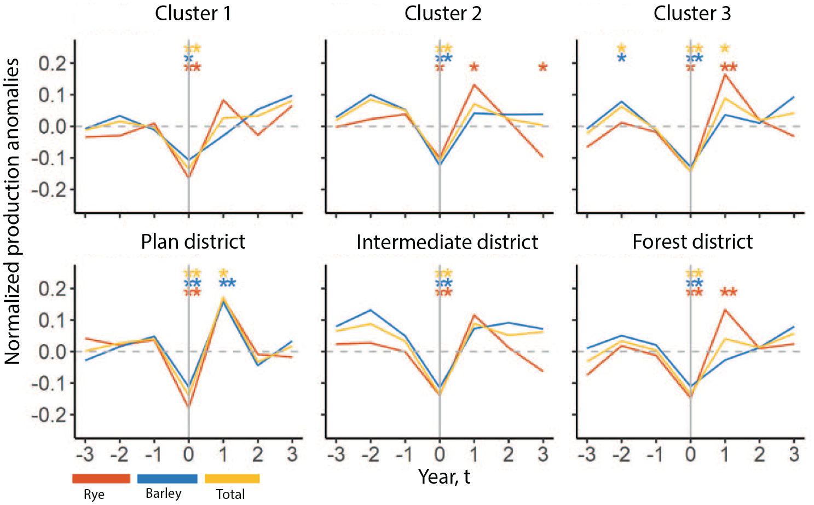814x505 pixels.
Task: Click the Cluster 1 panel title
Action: [193, 14]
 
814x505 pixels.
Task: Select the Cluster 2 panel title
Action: [443, 14]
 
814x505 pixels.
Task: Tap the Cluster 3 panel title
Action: [692, 14]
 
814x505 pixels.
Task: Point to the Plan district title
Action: [193, 242]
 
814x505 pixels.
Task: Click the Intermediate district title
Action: [447, 242]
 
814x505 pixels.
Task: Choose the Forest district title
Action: [692, 242]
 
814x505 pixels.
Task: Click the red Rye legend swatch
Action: [101, 479]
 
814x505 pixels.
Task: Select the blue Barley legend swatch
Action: [167, 479]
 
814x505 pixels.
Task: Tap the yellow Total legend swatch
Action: [232, 479]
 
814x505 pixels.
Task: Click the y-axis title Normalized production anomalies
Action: [12, 211]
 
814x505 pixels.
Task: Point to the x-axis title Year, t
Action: [444, 477]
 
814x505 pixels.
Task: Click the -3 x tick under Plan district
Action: [85, 455]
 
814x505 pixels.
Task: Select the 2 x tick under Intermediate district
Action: [509, 455]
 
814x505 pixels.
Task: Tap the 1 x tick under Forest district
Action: [725, 455]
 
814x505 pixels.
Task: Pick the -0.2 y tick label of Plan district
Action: [49, 415]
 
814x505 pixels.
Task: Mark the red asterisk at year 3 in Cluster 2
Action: [542, 67]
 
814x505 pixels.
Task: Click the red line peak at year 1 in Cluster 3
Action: [725, 75]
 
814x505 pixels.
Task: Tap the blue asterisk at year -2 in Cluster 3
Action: [621, 58]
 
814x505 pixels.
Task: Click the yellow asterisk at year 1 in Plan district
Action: [223, 273]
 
